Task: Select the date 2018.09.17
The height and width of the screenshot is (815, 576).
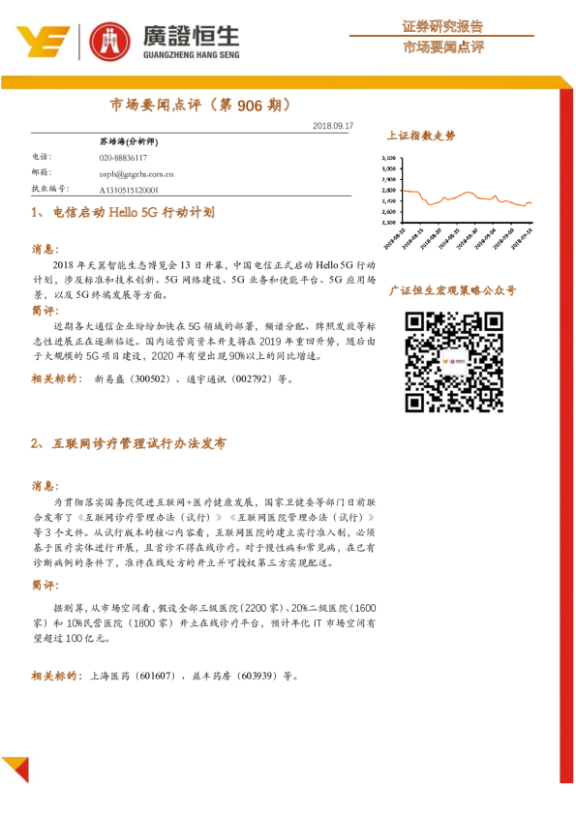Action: click(334, 126)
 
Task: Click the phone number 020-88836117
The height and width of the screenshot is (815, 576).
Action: click(122, 157)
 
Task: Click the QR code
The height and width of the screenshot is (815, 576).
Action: click(450, 361)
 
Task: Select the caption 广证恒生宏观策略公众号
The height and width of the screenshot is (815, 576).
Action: click(451, 289)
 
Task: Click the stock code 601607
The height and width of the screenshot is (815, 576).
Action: click(156, 675)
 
